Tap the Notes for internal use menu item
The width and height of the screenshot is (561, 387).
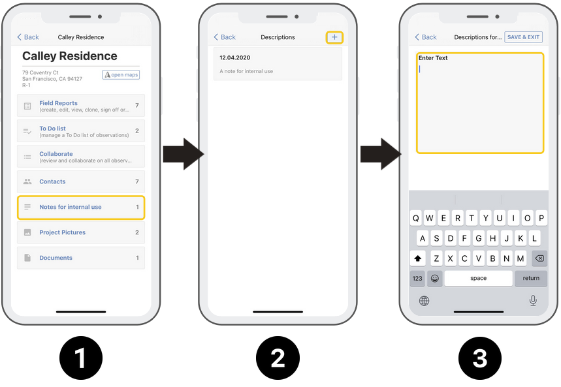(81, 207)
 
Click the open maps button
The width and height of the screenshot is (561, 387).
(121, 74)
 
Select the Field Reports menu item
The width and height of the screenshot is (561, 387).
(81, 106)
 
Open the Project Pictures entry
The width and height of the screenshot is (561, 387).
(81, 232)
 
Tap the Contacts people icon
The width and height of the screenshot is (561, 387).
(27, 181)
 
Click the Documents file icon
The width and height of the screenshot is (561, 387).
(27, 258)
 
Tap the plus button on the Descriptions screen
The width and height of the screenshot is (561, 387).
(334, 37)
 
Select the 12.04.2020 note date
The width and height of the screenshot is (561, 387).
(234, 57)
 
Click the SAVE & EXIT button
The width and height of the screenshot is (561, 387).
(523, 37)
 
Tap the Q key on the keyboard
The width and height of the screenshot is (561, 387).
(416, 218)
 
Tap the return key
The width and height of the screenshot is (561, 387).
(531, 278)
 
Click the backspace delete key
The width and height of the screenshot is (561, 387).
(539, 258)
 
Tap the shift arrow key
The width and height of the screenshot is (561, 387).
(417, 258)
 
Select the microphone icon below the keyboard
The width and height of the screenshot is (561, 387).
(533, 300)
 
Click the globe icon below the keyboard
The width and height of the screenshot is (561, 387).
(424, 301)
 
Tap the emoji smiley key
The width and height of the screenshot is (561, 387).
(435, 278)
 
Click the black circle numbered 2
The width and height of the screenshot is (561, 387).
(278, 358)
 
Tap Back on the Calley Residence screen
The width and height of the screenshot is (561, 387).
(28, 37)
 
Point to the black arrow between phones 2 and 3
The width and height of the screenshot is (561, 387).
(381, 154)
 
